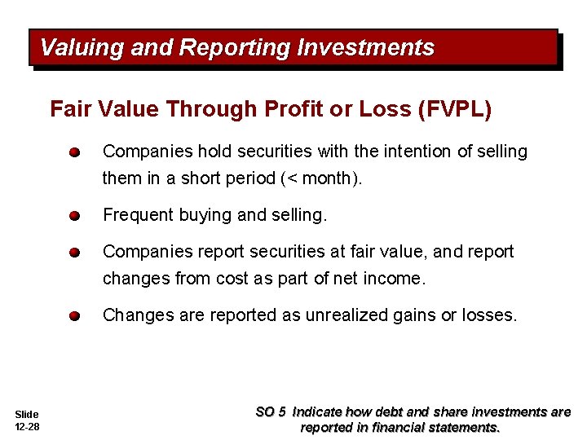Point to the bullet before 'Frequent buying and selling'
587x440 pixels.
(x=73, y=216)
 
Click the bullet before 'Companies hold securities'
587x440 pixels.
(x=73, y=152)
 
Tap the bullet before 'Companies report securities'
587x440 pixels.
(x=73, y=253)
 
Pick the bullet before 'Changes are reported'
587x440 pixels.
(x=73, y=316)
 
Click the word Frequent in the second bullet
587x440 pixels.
(x=136, y=215)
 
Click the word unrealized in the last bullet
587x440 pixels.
(x=343, y=315)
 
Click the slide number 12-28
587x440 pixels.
(x=27, y=427)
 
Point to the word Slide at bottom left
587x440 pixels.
(x=26, y=415)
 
